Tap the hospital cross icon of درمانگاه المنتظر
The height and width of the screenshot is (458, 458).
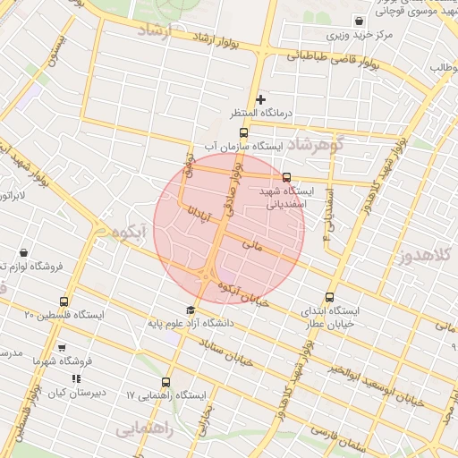click(x=260, y=99)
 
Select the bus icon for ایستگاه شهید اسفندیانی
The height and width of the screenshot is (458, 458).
click(x=286, y=177)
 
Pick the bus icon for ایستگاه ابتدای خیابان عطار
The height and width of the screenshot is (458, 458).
click(x=330, y=297)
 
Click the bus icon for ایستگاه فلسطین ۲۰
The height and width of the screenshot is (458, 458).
click(x=63, y=301)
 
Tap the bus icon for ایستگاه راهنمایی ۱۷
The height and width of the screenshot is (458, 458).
click(x=165, y=382)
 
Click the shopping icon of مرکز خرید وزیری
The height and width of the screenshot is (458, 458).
click(x=359, y=21)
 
